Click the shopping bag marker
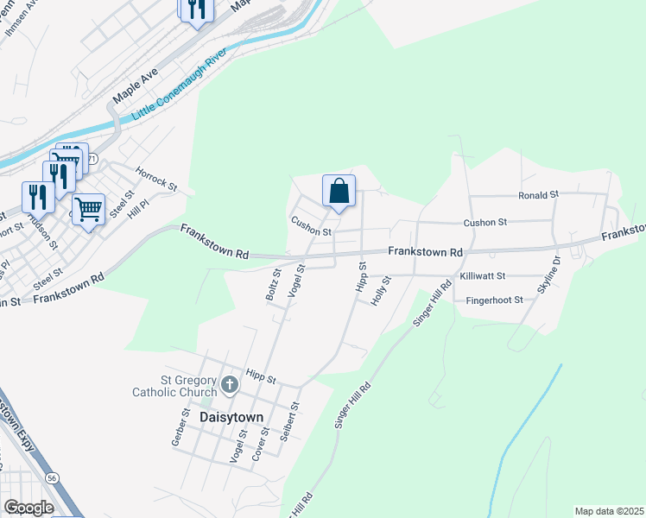[x=339, y=191]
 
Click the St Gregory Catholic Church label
[x=174, y=385]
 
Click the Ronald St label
[x=539, y=195]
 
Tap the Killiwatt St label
[x=494, y=275]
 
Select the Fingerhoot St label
[x=494, y=300]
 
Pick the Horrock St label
[x=161, y=186]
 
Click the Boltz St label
[x=272, y=285]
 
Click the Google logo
[x=29, y=507]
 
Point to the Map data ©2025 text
[x=608, y=511]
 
